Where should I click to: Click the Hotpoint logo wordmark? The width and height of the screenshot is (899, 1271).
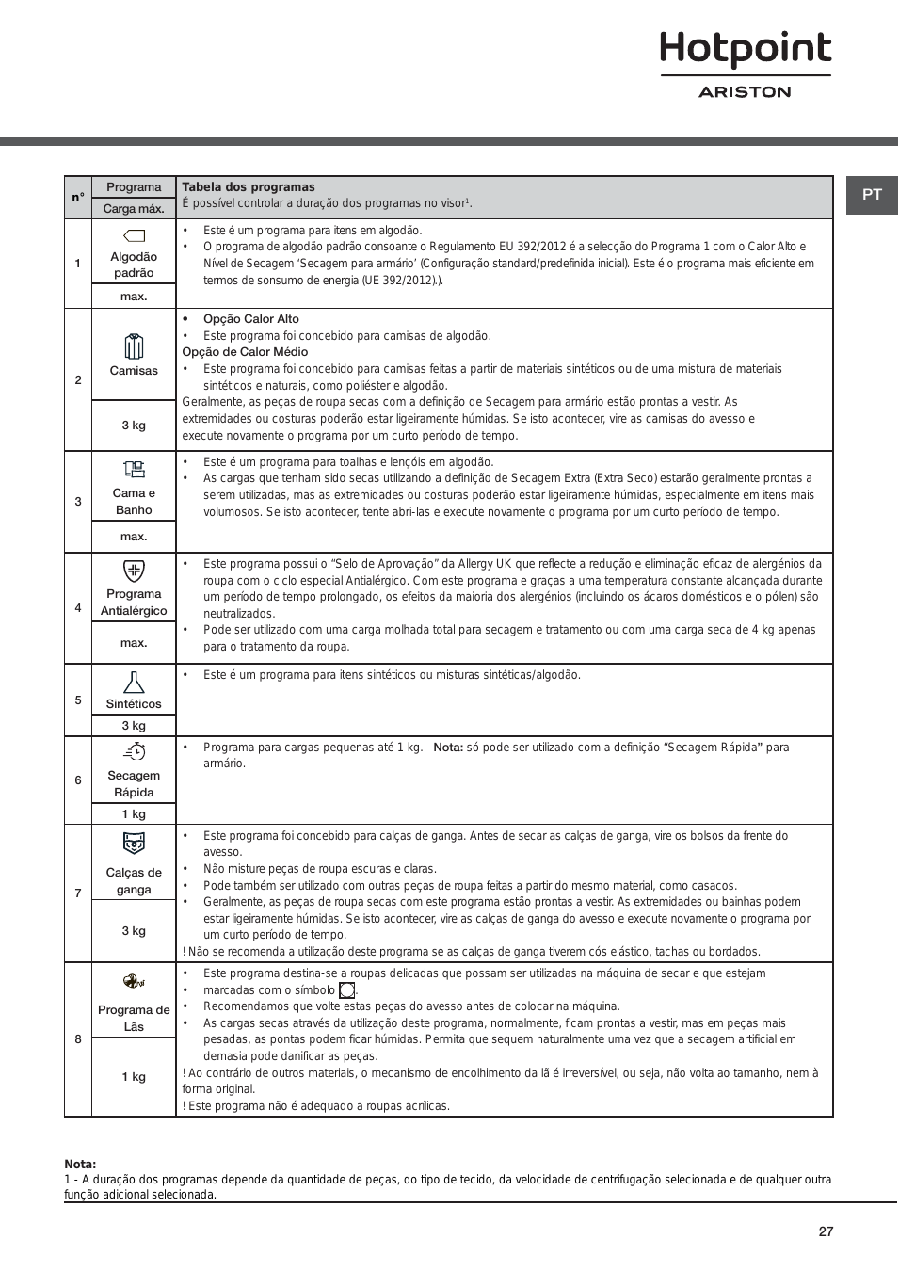click(x=746, y=49)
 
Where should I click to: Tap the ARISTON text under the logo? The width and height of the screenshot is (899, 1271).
click(x=745, y=92)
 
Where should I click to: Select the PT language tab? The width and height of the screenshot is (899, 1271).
click(x=872, y=195)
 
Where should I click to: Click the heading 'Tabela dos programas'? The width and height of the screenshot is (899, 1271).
click(x=249, y=187)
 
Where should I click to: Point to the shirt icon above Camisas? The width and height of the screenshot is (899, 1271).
click(x=134, y=346)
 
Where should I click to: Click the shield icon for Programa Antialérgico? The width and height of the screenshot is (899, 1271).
click(x=134, y=571)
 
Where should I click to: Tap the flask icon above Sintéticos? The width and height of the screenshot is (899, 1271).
click(x=134, y=682)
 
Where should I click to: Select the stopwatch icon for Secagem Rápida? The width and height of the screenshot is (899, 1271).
click(x=135, y=751)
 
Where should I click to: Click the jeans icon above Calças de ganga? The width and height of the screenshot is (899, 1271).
click(x=134, y=843)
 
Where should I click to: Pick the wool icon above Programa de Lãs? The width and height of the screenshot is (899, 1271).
click(x=134, y=981)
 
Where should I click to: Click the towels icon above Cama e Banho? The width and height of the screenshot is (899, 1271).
click(x=134, y=469)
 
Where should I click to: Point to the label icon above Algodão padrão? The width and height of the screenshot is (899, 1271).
click(x=134, y=235)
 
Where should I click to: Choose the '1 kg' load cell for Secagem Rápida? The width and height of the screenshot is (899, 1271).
click(x=134, y=814)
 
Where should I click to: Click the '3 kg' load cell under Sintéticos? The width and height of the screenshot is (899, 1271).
click(x=134, y=726)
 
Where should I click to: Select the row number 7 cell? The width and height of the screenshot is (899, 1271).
click(x=78, y=893)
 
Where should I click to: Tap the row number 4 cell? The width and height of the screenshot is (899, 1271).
click(x=78, y=608)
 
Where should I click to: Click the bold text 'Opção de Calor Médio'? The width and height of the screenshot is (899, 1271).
click(x=245, y=352)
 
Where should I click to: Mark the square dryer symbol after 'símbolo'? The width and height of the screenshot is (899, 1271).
click(x=347, y=990)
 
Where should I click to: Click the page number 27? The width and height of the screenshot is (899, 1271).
click(x=826, y=1231)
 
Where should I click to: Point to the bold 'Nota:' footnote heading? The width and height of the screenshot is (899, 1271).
click(x=80, y=1165)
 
